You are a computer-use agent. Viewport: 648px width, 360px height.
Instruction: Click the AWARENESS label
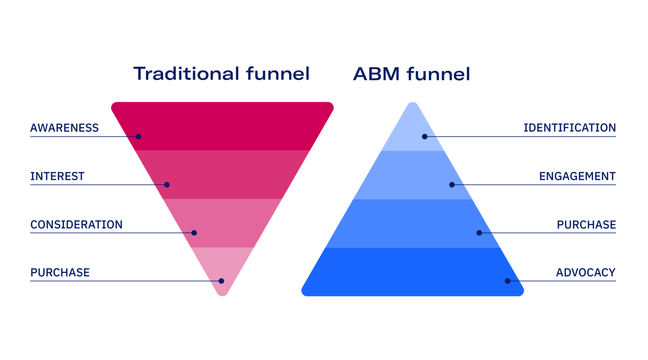click(x=65, y=128)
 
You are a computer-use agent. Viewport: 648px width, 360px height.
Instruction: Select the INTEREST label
click(x=57, y=176)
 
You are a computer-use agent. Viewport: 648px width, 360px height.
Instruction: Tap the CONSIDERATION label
click(x=76, y=225)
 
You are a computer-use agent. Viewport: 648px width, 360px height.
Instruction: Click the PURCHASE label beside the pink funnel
click(x=60, y=273)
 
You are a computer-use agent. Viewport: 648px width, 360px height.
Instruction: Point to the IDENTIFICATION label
click(x=570, y=128)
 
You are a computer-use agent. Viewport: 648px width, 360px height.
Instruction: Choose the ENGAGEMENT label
click(x=578, y=176)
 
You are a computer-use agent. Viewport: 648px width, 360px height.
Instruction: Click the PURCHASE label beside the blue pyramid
click(x=586, y=225)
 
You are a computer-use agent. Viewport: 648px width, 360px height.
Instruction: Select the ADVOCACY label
click(x=586, y=273)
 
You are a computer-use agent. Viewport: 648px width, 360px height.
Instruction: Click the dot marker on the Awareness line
click(x=138, y=137)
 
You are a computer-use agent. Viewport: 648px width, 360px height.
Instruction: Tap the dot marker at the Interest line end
click(x=167, y=184)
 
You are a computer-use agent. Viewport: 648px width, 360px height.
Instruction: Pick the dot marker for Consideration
click(x=194, y=233)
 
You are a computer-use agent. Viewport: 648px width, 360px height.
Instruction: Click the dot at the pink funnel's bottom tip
click(x=221, y=281)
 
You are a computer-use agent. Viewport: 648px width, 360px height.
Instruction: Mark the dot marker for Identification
click(x=425, y=137)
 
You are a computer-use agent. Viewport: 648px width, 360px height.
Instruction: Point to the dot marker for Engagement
click(x=452, y=184)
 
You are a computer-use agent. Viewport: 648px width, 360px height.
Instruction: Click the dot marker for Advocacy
click(x=508, y=281)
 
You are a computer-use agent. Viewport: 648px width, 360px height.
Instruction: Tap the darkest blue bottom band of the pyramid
click(x=413, y=272)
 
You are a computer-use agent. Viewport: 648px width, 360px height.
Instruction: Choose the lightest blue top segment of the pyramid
click(x=413, y=133)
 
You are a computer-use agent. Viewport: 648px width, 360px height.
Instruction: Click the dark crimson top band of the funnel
click(x=222, y=126)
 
